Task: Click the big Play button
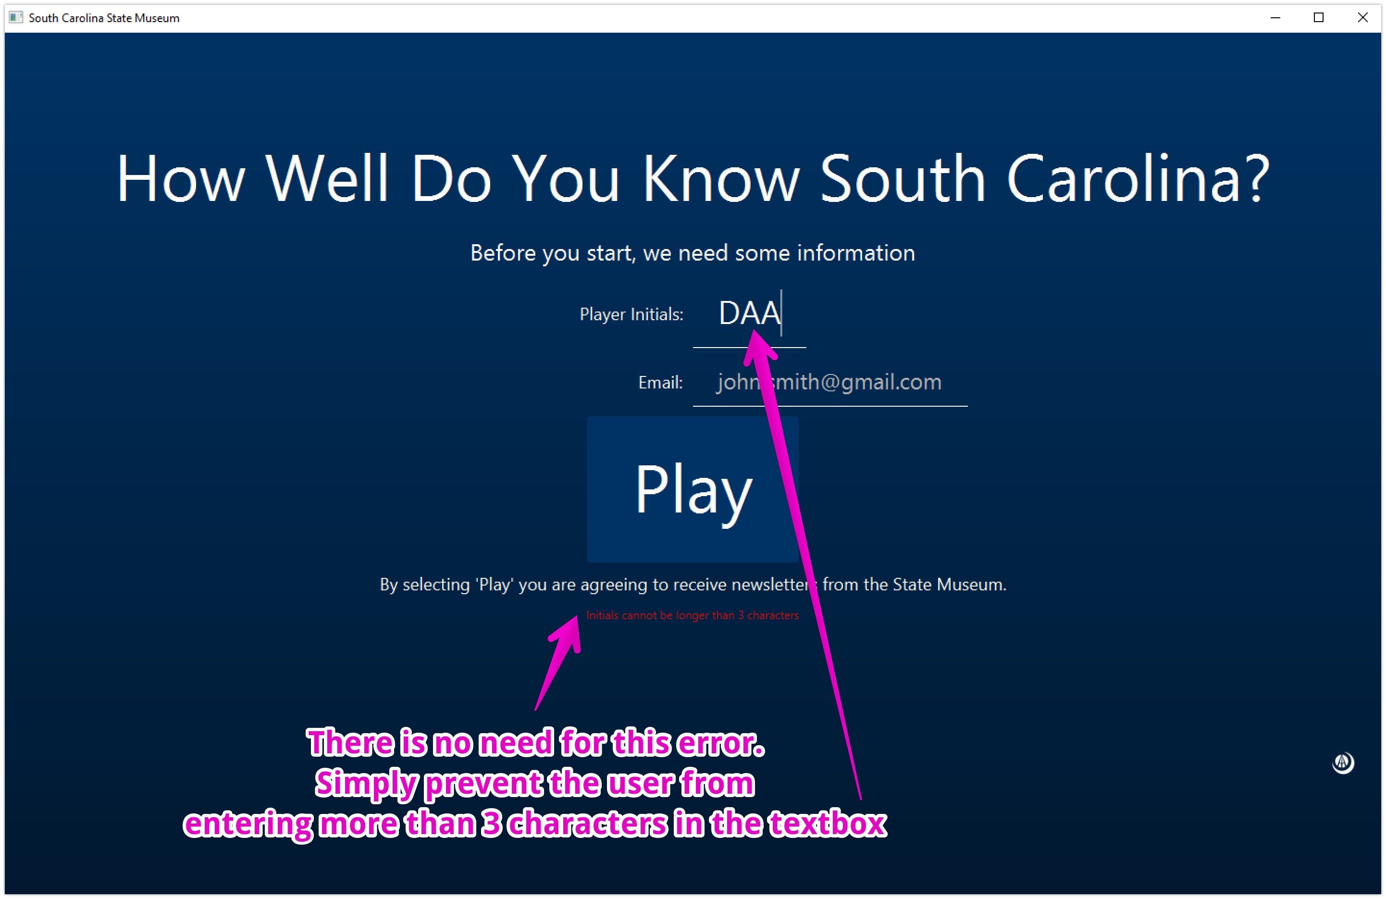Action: [x=693, y=489]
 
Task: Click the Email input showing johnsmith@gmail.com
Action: [x=829, y=382]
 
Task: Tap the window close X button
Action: [x=1362, y=17]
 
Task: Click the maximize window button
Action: [x=1318, y=17]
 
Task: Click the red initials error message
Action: [x=692, y=615]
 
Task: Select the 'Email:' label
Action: [x=660, y=383]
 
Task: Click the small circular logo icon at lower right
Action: [x=1342, y=762]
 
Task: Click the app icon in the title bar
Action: [x=16, y=17]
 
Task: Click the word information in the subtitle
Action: [x=855, y=253]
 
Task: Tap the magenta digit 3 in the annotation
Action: [x=492, y=823]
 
